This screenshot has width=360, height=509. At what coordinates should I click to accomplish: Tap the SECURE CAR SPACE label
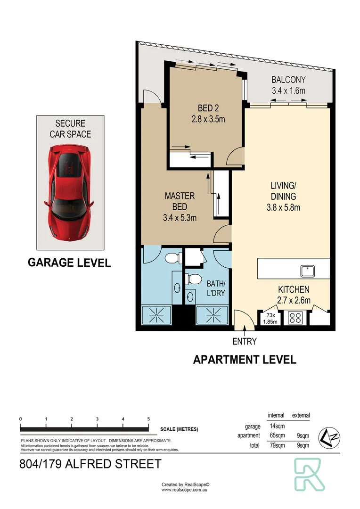tap(70, 129)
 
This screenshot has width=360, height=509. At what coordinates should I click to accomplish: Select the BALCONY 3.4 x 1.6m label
tap(288, 85)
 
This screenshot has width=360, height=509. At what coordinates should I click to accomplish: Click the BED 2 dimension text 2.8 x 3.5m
tap(208, 119)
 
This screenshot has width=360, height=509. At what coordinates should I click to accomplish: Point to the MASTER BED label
tap(179, 201)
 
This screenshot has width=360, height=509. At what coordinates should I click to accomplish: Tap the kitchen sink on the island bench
tap(308, 271)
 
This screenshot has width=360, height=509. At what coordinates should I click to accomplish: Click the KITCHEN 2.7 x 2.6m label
tap(293, 295)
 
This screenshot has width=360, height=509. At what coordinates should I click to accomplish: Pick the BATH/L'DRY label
tap(216, 288)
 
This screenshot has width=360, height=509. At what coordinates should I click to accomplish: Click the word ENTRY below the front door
tap(244, 341)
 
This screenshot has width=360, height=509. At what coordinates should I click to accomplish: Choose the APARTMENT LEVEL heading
tap(245, 360)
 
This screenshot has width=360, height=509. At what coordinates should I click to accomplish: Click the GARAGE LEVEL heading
tap(69, 263)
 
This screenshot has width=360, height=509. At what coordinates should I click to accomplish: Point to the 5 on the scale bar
tap(148, 419)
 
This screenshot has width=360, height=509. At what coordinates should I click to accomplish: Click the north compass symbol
tap(328, 437)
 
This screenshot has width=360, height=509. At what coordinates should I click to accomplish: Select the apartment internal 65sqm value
tap(276, 436)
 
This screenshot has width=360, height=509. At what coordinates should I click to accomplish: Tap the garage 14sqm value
tap(276, 427)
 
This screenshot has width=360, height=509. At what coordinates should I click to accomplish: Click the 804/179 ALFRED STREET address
tap(90, 464)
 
